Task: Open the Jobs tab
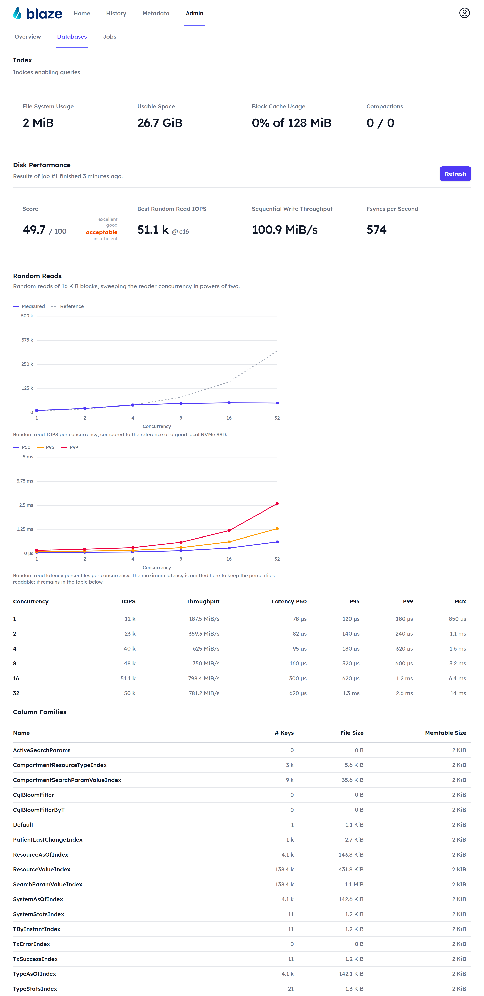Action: [110, 37]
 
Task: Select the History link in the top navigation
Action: [116, 13]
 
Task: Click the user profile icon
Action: [464, 13]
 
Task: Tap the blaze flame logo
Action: [17, 13]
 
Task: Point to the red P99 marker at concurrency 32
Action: [277, 503]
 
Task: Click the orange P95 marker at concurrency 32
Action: [277, 529]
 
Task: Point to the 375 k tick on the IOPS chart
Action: [27, 340]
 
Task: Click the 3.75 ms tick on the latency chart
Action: [25, 481]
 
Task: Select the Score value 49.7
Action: [34, 230]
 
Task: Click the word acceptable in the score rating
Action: [101, 232]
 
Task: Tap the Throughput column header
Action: [203, 601]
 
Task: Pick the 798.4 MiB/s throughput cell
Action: [204, 678]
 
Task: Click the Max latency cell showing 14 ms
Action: [458, 693]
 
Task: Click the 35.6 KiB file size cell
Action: [353, 780]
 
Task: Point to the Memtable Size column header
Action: [445, 733]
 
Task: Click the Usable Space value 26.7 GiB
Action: [160, 123]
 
